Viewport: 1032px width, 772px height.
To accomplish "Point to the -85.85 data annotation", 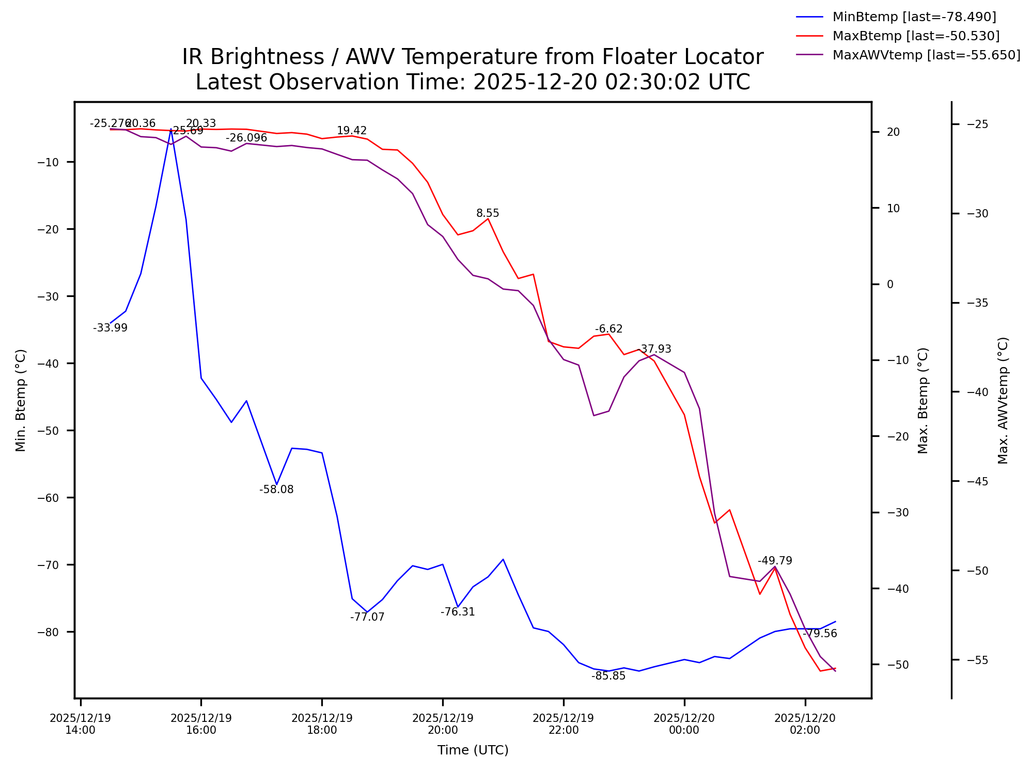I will pos(608,676).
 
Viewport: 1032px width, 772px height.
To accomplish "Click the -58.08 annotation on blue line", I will pos(276,490).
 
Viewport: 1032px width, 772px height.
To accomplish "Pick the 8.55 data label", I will pos(488,213).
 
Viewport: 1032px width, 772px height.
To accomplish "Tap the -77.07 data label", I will pos(367,617).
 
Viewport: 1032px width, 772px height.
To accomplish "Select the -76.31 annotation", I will pos(458,612).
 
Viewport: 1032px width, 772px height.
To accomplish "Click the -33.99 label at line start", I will pos(110,328).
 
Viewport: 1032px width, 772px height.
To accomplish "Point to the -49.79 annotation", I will pos(775,561).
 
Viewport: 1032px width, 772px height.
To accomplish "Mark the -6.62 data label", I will pos(609,329).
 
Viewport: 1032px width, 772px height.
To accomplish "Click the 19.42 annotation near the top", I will pos(352,131).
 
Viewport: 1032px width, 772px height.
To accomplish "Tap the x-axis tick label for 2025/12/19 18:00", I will pos(322,724).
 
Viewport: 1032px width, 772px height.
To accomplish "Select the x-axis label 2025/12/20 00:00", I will pos(684,724).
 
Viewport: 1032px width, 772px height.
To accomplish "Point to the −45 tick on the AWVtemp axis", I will pos(977,482).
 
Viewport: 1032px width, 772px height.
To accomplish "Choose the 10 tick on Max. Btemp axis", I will pos(893,208).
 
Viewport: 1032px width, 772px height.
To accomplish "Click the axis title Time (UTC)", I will pos(473,750).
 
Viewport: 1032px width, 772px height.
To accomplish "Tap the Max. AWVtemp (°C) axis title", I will pos(1003,400).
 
